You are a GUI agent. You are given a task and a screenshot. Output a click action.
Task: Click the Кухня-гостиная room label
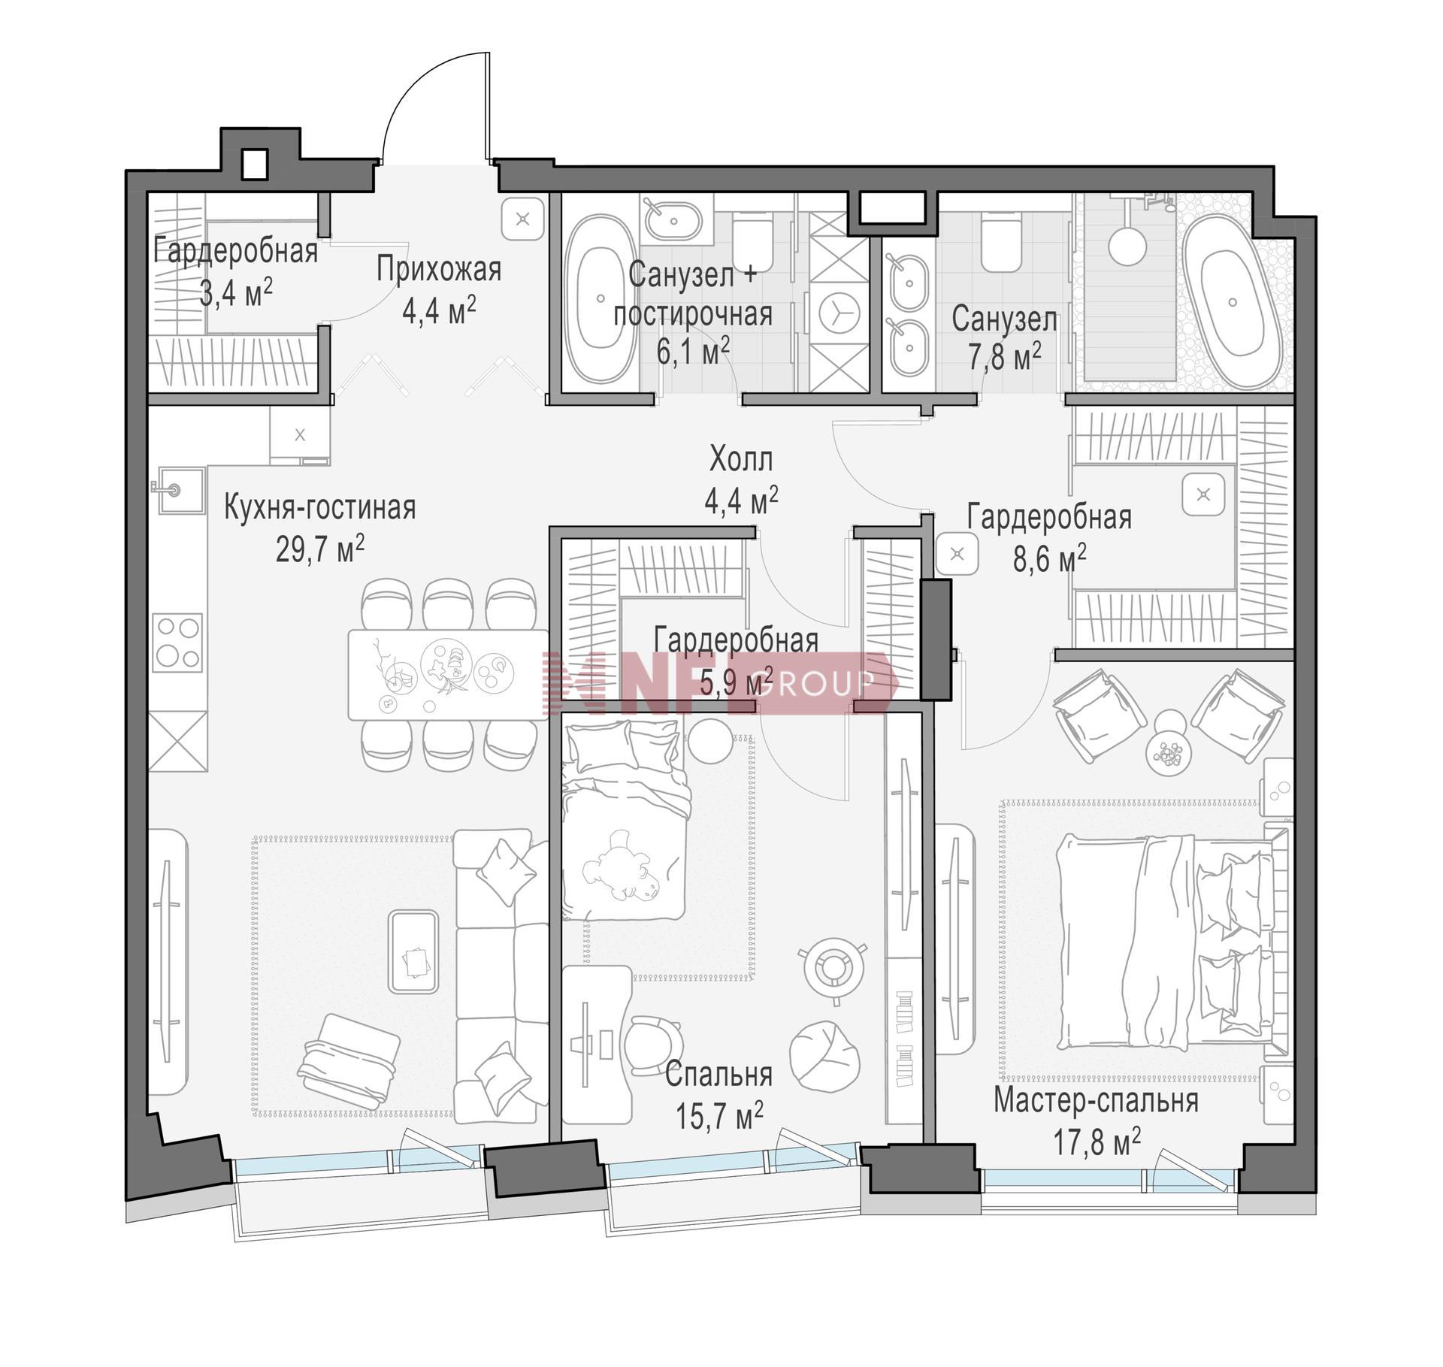click(x=320, y=507)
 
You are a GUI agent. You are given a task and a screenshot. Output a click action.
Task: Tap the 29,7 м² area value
click(x=320, y=549)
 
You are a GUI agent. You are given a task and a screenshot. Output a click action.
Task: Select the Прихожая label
click(x=439, y=269)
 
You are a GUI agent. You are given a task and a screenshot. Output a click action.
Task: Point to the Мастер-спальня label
click(x=1096, y=1101)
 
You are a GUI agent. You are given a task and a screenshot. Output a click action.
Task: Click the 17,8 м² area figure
click(x=1097, y=1142)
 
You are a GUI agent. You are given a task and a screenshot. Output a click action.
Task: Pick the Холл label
click(x=741, y=459)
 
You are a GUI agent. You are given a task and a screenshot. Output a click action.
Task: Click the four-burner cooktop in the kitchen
click(x=178, y=643)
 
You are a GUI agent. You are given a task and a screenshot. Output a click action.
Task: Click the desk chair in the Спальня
click(x=654, y=1045)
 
